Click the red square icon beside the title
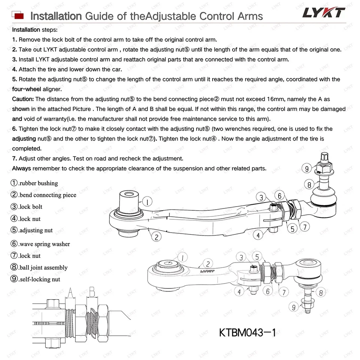[18, 16]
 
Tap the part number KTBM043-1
[247, 333]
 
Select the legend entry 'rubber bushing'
[34, 183]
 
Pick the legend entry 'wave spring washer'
[40, 244]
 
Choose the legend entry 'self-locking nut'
[36, 279]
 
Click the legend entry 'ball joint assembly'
[39, 268]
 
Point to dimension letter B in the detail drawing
[91, 291]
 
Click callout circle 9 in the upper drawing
[307, 169]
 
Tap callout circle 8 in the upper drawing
[309, 184]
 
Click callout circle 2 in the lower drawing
[208, 264]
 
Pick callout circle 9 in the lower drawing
[294, 307]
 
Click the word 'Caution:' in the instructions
[23, 99]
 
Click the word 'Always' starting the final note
[21, 168]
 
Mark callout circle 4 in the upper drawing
[258, 235]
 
